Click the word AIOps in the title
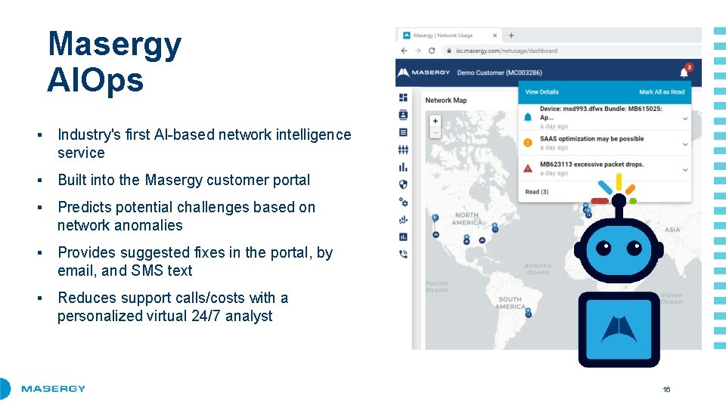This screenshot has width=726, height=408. click(95, 79)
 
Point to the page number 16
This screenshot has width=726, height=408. click(666, 389)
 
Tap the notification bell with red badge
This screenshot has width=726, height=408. click(684, 72)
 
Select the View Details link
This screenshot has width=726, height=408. click(541, 92)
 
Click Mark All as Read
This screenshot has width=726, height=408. click(661, 92)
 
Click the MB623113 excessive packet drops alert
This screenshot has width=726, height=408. click(591, 164)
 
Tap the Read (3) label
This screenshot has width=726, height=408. click(537, 192)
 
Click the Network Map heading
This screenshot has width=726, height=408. click(445, 100)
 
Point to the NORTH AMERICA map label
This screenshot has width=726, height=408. click(467, 219)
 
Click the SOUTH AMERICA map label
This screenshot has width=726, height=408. click(510, 303)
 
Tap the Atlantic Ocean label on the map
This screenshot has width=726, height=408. click(538, 269)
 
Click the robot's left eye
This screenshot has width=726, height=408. click(603, 248)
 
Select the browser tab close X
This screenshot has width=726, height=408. click(495, 36)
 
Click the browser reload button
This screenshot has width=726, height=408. click(432, 51)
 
